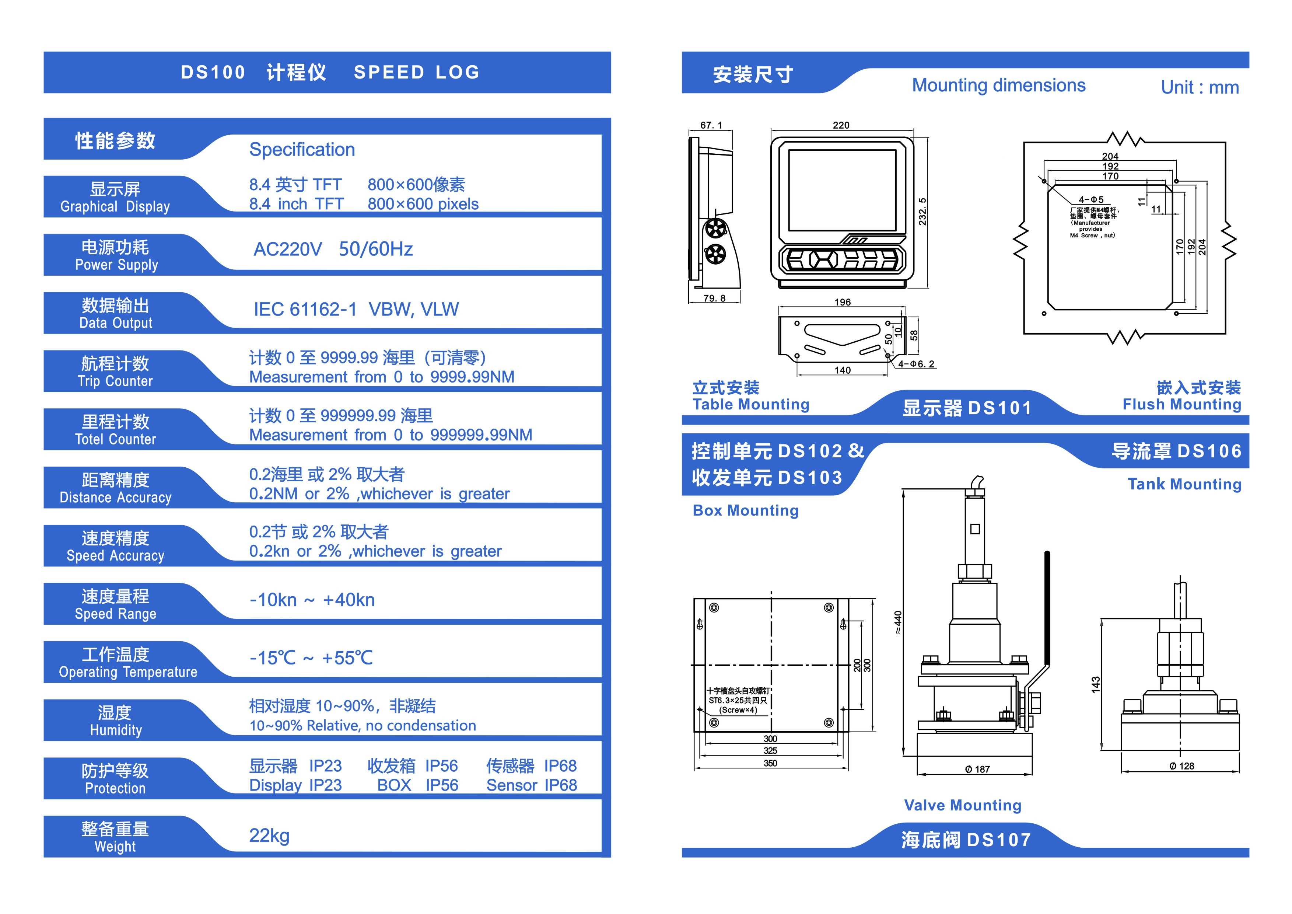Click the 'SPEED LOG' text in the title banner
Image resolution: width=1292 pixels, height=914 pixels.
pos(416,73)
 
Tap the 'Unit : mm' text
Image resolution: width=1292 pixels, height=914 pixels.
pos(1200,87)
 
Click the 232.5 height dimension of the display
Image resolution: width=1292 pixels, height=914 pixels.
pos(922,212)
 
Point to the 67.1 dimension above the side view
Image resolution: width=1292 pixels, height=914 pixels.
pos(711,125)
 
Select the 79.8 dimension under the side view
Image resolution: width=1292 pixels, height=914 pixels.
pos(714,298)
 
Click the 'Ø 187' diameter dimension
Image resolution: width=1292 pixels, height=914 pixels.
pos(977,770)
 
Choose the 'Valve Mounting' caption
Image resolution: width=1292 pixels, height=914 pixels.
pos(962,805)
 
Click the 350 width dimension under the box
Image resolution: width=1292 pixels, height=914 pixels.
pos(770,763)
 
